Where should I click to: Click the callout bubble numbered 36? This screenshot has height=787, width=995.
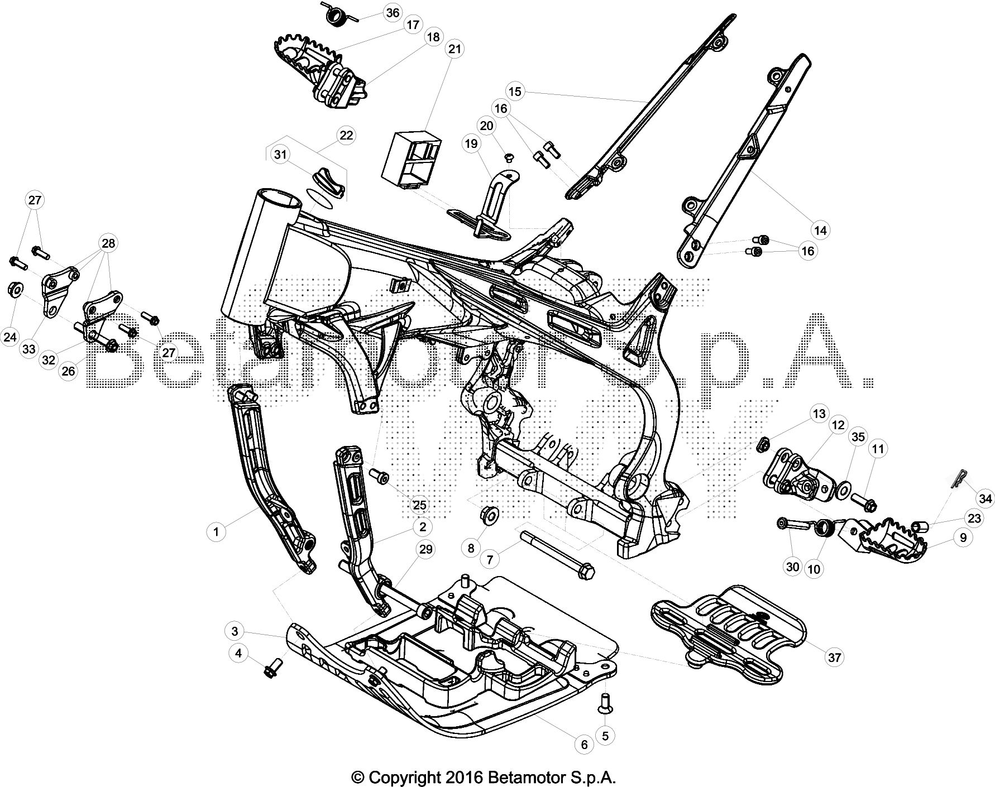coord(393,12)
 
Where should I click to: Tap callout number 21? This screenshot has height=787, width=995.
coord(455,49)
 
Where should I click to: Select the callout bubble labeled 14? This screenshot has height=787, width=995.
coord(820,229)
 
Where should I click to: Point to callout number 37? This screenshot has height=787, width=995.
coord(834,658)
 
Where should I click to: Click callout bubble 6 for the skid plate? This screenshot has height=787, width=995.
coord(584,745)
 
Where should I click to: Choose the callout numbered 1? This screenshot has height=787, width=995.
coord(216,532)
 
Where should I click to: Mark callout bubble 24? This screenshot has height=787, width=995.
coord(11,337)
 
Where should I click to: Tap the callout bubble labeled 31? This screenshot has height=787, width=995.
coord(280,155)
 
